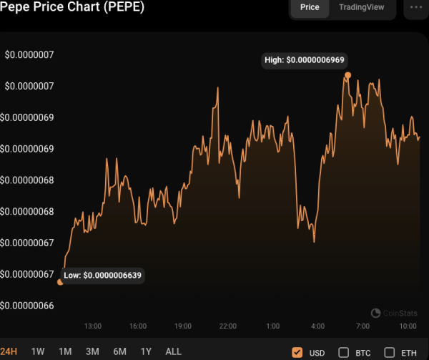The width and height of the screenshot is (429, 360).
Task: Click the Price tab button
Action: tap(310, 7)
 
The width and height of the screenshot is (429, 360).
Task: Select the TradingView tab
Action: tap(361, 7)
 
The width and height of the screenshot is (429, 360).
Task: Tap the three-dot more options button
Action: tap(415, 7)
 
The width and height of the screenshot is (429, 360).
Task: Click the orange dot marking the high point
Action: tap(348, 74)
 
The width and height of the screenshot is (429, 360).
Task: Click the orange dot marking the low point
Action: tap(60, 281)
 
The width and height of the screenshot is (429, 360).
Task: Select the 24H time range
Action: tap(9, 351)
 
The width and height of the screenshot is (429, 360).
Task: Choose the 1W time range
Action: tap(38, 351)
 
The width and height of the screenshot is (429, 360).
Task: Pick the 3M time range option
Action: tap(92, 351)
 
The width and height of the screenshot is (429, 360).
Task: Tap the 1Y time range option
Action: tap(146, 351)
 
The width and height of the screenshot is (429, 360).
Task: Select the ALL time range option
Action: tap(173, 351)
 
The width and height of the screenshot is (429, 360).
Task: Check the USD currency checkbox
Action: tap(297, 352)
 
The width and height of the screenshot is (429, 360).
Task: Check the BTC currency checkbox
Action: tap(343, 352)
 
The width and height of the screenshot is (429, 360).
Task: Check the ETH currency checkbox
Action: tap(390, 352)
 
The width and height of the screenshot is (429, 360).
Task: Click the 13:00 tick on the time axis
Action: tap(93, 326)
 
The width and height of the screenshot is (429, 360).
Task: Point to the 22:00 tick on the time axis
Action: tap(227, 326)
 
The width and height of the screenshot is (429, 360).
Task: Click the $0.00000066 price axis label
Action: tap(29, 306)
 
